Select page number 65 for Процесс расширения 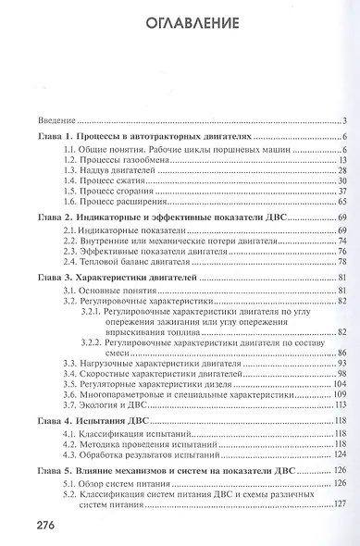(340, 202)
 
